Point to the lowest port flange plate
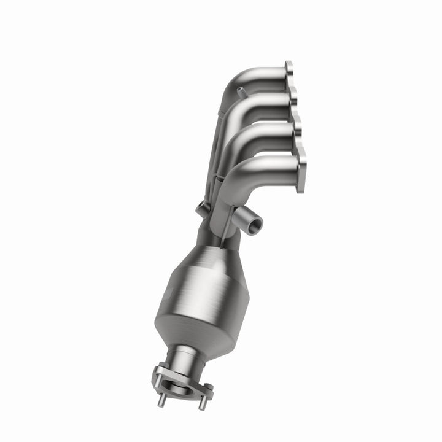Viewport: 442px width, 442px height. pos(301,173)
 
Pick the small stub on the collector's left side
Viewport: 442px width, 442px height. pos(201,209)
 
